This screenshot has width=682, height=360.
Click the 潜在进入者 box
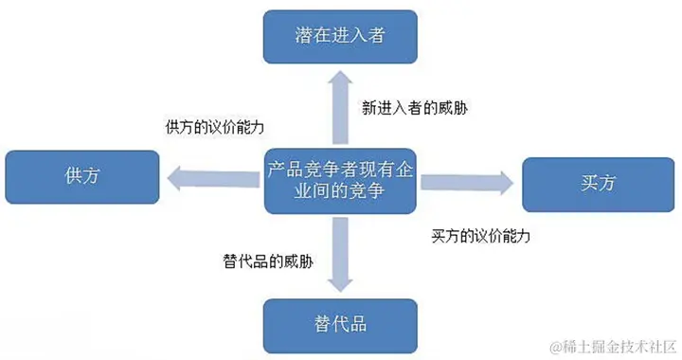[x=339, y=37]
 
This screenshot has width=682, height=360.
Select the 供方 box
[x=81, y=176]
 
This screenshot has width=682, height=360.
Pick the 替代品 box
[x=339, y=324]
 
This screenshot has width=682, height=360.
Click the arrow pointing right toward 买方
[x=469, y=180]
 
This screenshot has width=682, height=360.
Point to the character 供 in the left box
[x=71, y=176]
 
